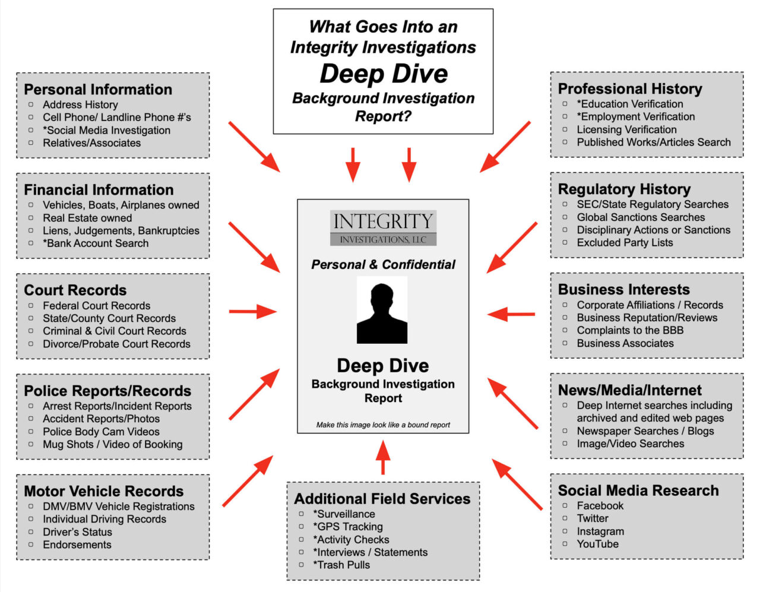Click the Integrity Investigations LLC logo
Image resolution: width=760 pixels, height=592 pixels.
(383, 228)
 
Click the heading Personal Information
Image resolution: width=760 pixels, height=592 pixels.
(98, 90)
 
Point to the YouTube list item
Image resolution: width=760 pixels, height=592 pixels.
(597, 544)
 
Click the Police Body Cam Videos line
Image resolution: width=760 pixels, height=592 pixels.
(101, 432)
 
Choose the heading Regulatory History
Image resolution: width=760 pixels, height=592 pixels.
(624, 189)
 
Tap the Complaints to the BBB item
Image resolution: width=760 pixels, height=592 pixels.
(630, 330)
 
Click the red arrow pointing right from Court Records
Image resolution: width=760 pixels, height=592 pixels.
(252, 311)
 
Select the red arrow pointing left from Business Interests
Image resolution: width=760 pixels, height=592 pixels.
(511, 314)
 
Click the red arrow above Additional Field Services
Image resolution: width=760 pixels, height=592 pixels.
(383, 457)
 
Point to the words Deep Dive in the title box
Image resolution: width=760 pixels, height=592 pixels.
(384, 74)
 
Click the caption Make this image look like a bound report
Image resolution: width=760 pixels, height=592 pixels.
(383, 425)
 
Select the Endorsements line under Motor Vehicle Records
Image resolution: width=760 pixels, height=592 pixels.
(77, 544)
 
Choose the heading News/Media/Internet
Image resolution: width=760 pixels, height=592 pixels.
(629, 390)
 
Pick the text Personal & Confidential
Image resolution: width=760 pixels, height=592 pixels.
(383, 265)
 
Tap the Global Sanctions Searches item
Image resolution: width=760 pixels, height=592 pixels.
(641, 217)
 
